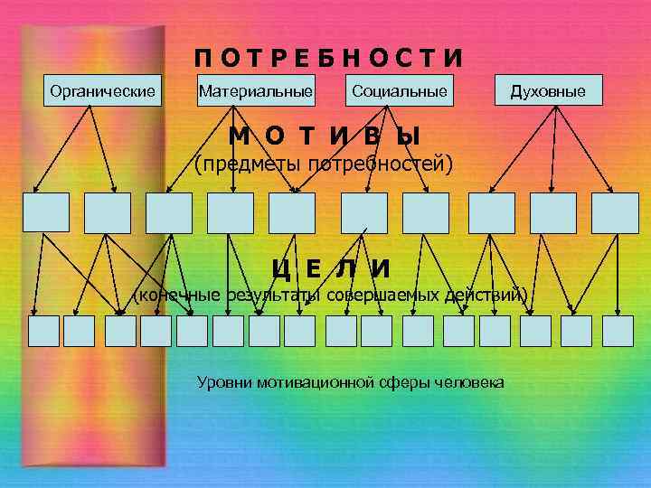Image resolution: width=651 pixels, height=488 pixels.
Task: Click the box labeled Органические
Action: (102, 91)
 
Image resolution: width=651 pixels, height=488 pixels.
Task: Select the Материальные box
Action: (256, 91)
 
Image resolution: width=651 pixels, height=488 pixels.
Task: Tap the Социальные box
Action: (400, 91)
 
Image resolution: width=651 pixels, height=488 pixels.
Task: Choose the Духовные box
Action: (548, 91)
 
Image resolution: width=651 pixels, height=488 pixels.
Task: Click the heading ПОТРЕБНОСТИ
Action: (328, 58)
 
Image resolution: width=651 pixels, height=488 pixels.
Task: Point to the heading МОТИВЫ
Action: (325, 136)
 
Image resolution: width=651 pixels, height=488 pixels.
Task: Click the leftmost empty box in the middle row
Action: (46, 212)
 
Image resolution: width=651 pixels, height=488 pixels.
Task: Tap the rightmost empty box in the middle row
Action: (615, 212)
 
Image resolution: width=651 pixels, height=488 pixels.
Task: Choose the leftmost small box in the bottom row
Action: (43, 331)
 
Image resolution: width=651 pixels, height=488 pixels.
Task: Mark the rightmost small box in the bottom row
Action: (618, 331)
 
